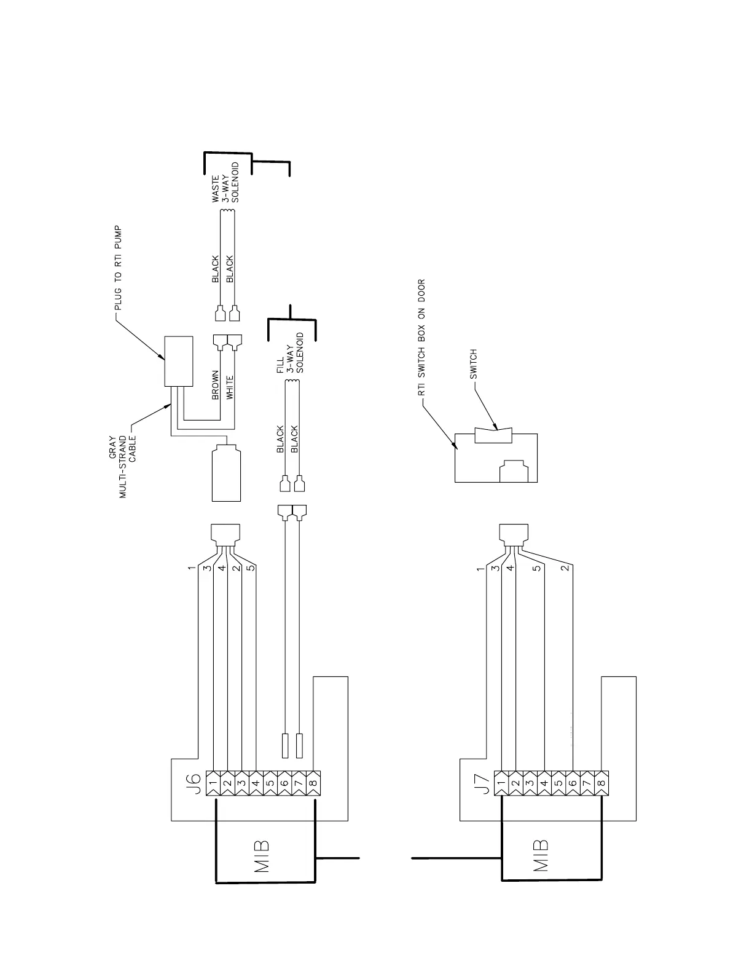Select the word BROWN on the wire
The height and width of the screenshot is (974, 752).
pyautogui.click(x=216, y=386)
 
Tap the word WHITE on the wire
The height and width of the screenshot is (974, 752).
pyautogui.click(x=230, y=387)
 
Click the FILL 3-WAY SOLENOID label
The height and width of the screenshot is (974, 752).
pyautogui.click(x=290, y=355)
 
